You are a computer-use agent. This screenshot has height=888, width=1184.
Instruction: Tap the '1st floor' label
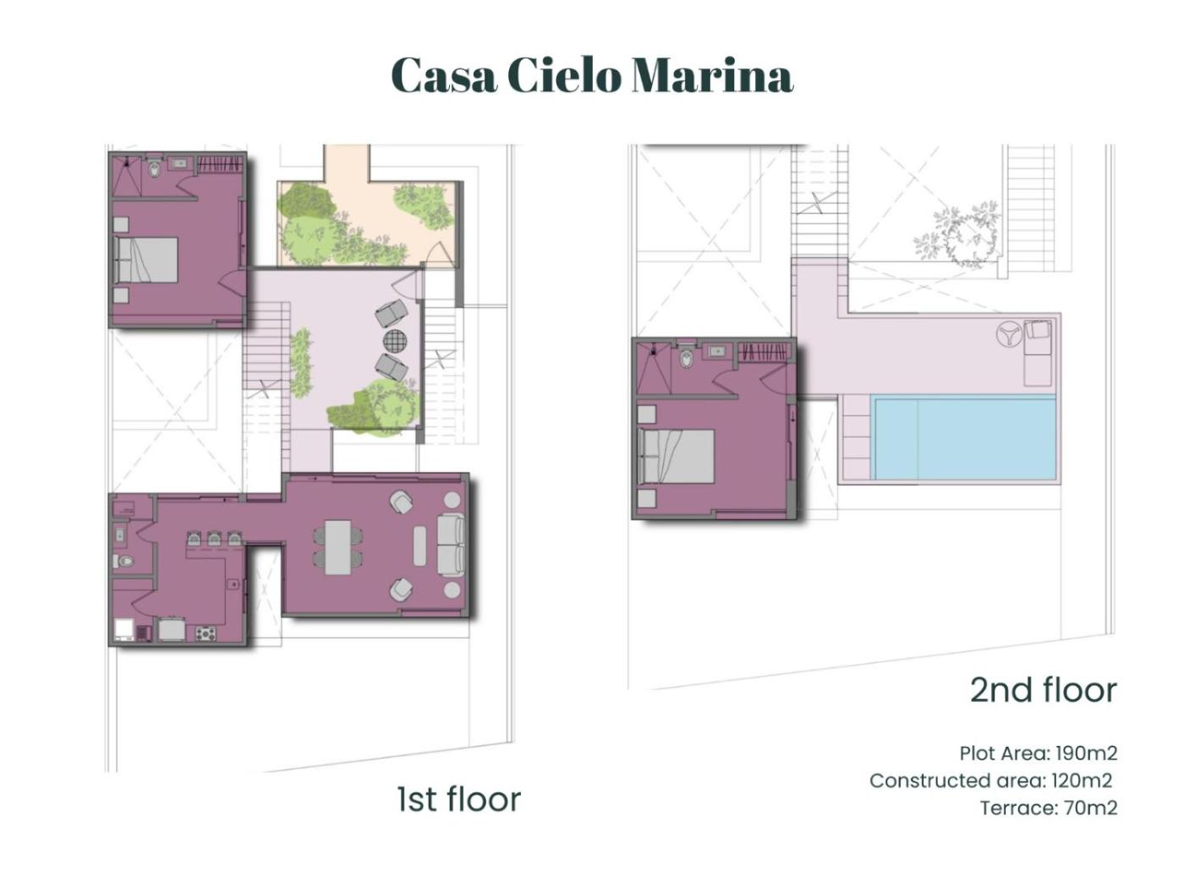459,799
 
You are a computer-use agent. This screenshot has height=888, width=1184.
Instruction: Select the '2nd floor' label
1044,691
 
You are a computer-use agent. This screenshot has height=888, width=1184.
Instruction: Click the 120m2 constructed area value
1082,780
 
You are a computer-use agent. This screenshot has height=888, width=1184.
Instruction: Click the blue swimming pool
964,438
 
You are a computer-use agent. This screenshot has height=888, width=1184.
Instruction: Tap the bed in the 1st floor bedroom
145,260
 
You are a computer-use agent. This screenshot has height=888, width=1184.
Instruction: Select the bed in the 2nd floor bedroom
676,456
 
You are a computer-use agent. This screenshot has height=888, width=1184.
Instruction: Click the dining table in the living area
338,547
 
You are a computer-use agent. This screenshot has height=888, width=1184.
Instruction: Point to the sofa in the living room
451,545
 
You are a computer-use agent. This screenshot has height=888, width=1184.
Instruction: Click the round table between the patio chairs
395,341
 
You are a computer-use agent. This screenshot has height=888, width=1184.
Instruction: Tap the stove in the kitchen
206,633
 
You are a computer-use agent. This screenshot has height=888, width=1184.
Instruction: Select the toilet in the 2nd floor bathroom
686,358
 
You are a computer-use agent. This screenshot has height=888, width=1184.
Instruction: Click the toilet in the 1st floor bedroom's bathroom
155,169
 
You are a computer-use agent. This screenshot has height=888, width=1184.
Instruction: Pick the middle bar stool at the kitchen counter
214,539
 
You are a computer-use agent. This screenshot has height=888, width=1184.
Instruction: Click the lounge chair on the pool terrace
1038,353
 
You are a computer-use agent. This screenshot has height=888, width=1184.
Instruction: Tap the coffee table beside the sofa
419,545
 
